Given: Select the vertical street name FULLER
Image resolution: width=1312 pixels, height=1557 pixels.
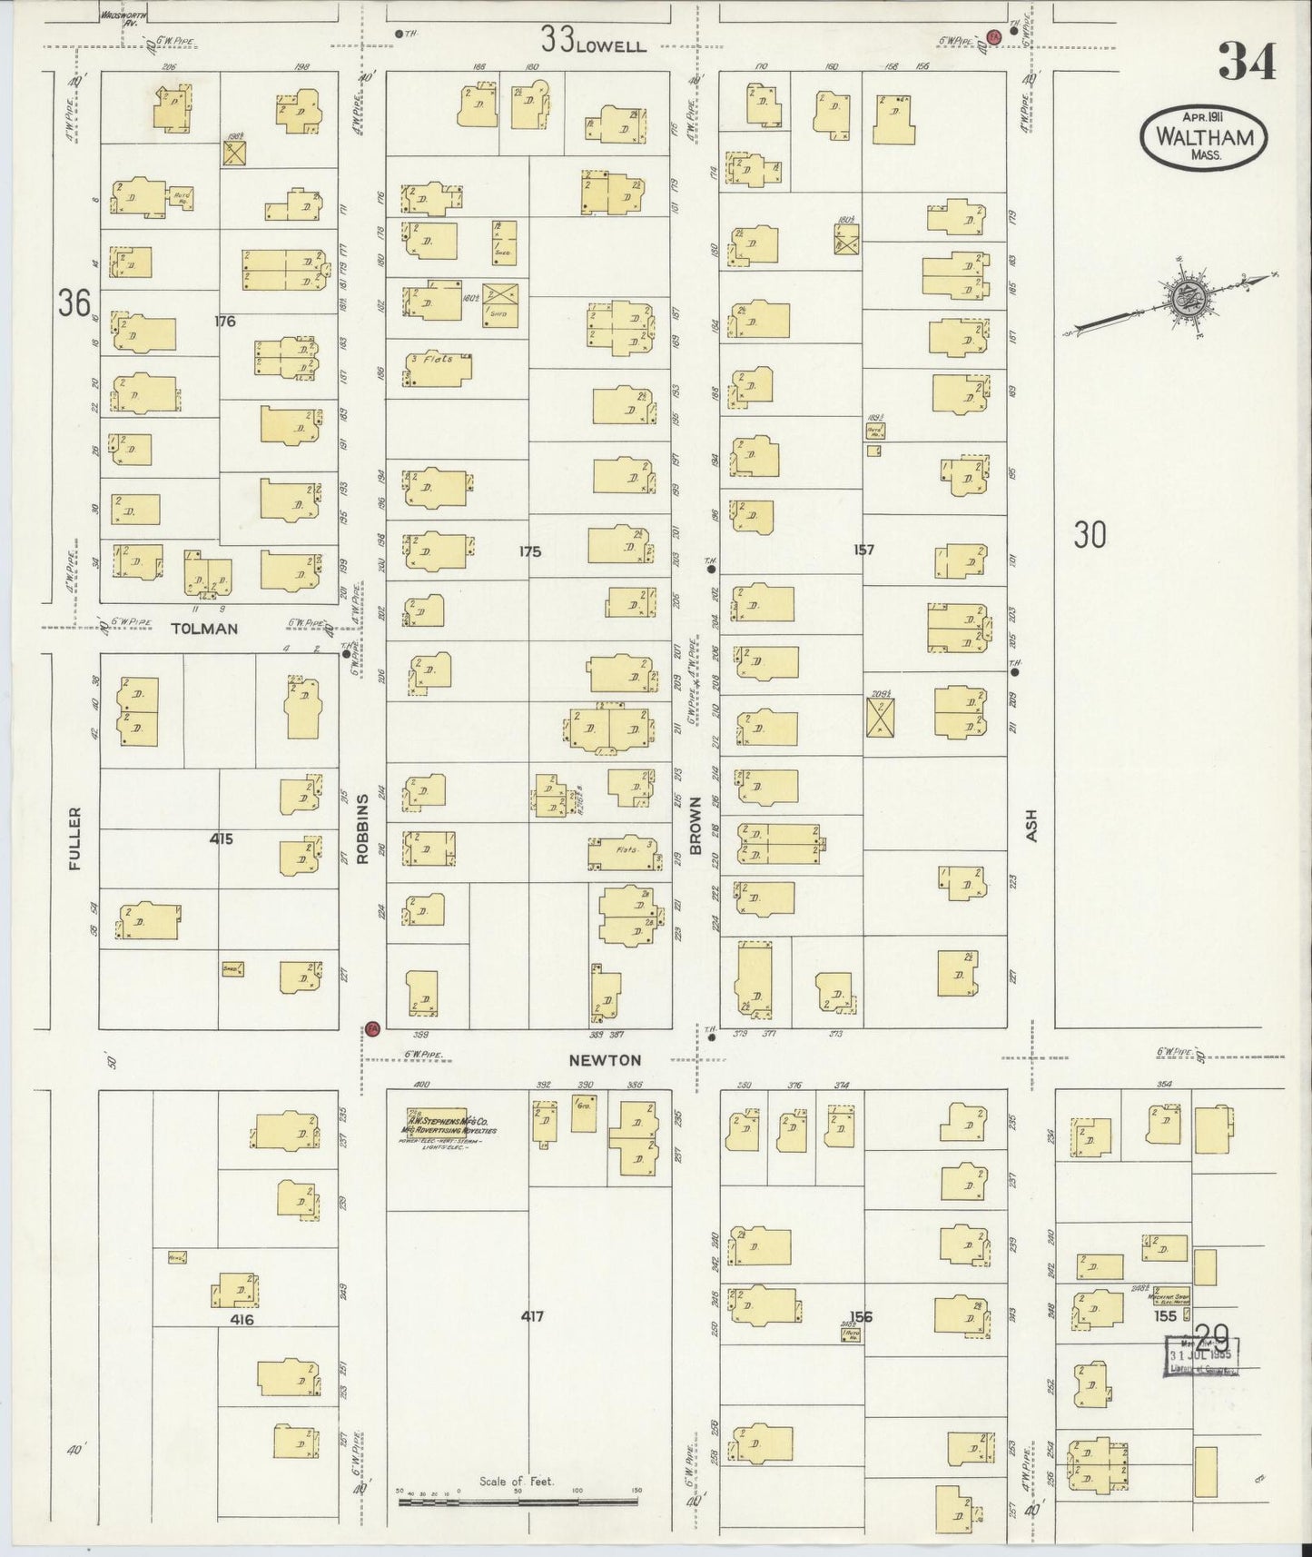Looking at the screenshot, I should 74,838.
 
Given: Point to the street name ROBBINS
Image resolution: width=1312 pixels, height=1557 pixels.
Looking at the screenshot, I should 362,828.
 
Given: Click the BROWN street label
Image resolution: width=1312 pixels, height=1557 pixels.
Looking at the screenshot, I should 696,825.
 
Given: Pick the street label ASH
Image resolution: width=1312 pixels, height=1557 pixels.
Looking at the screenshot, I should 1032,828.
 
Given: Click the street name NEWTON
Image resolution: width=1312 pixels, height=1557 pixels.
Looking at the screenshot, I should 605,1060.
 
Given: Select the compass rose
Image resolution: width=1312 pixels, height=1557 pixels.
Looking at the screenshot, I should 1188,298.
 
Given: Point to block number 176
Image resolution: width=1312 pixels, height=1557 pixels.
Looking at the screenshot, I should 225,321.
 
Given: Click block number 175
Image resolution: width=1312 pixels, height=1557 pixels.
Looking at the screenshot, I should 529,550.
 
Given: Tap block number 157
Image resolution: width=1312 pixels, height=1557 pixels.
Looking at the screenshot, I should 863,550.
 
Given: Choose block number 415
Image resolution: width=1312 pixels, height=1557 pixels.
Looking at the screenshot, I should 221,838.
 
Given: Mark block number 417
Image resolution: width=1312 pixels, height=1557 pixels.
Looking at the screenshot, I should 532,1315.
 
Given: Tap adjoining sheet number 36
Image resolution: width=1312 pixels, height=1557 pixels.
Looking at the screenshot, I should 75,302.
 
